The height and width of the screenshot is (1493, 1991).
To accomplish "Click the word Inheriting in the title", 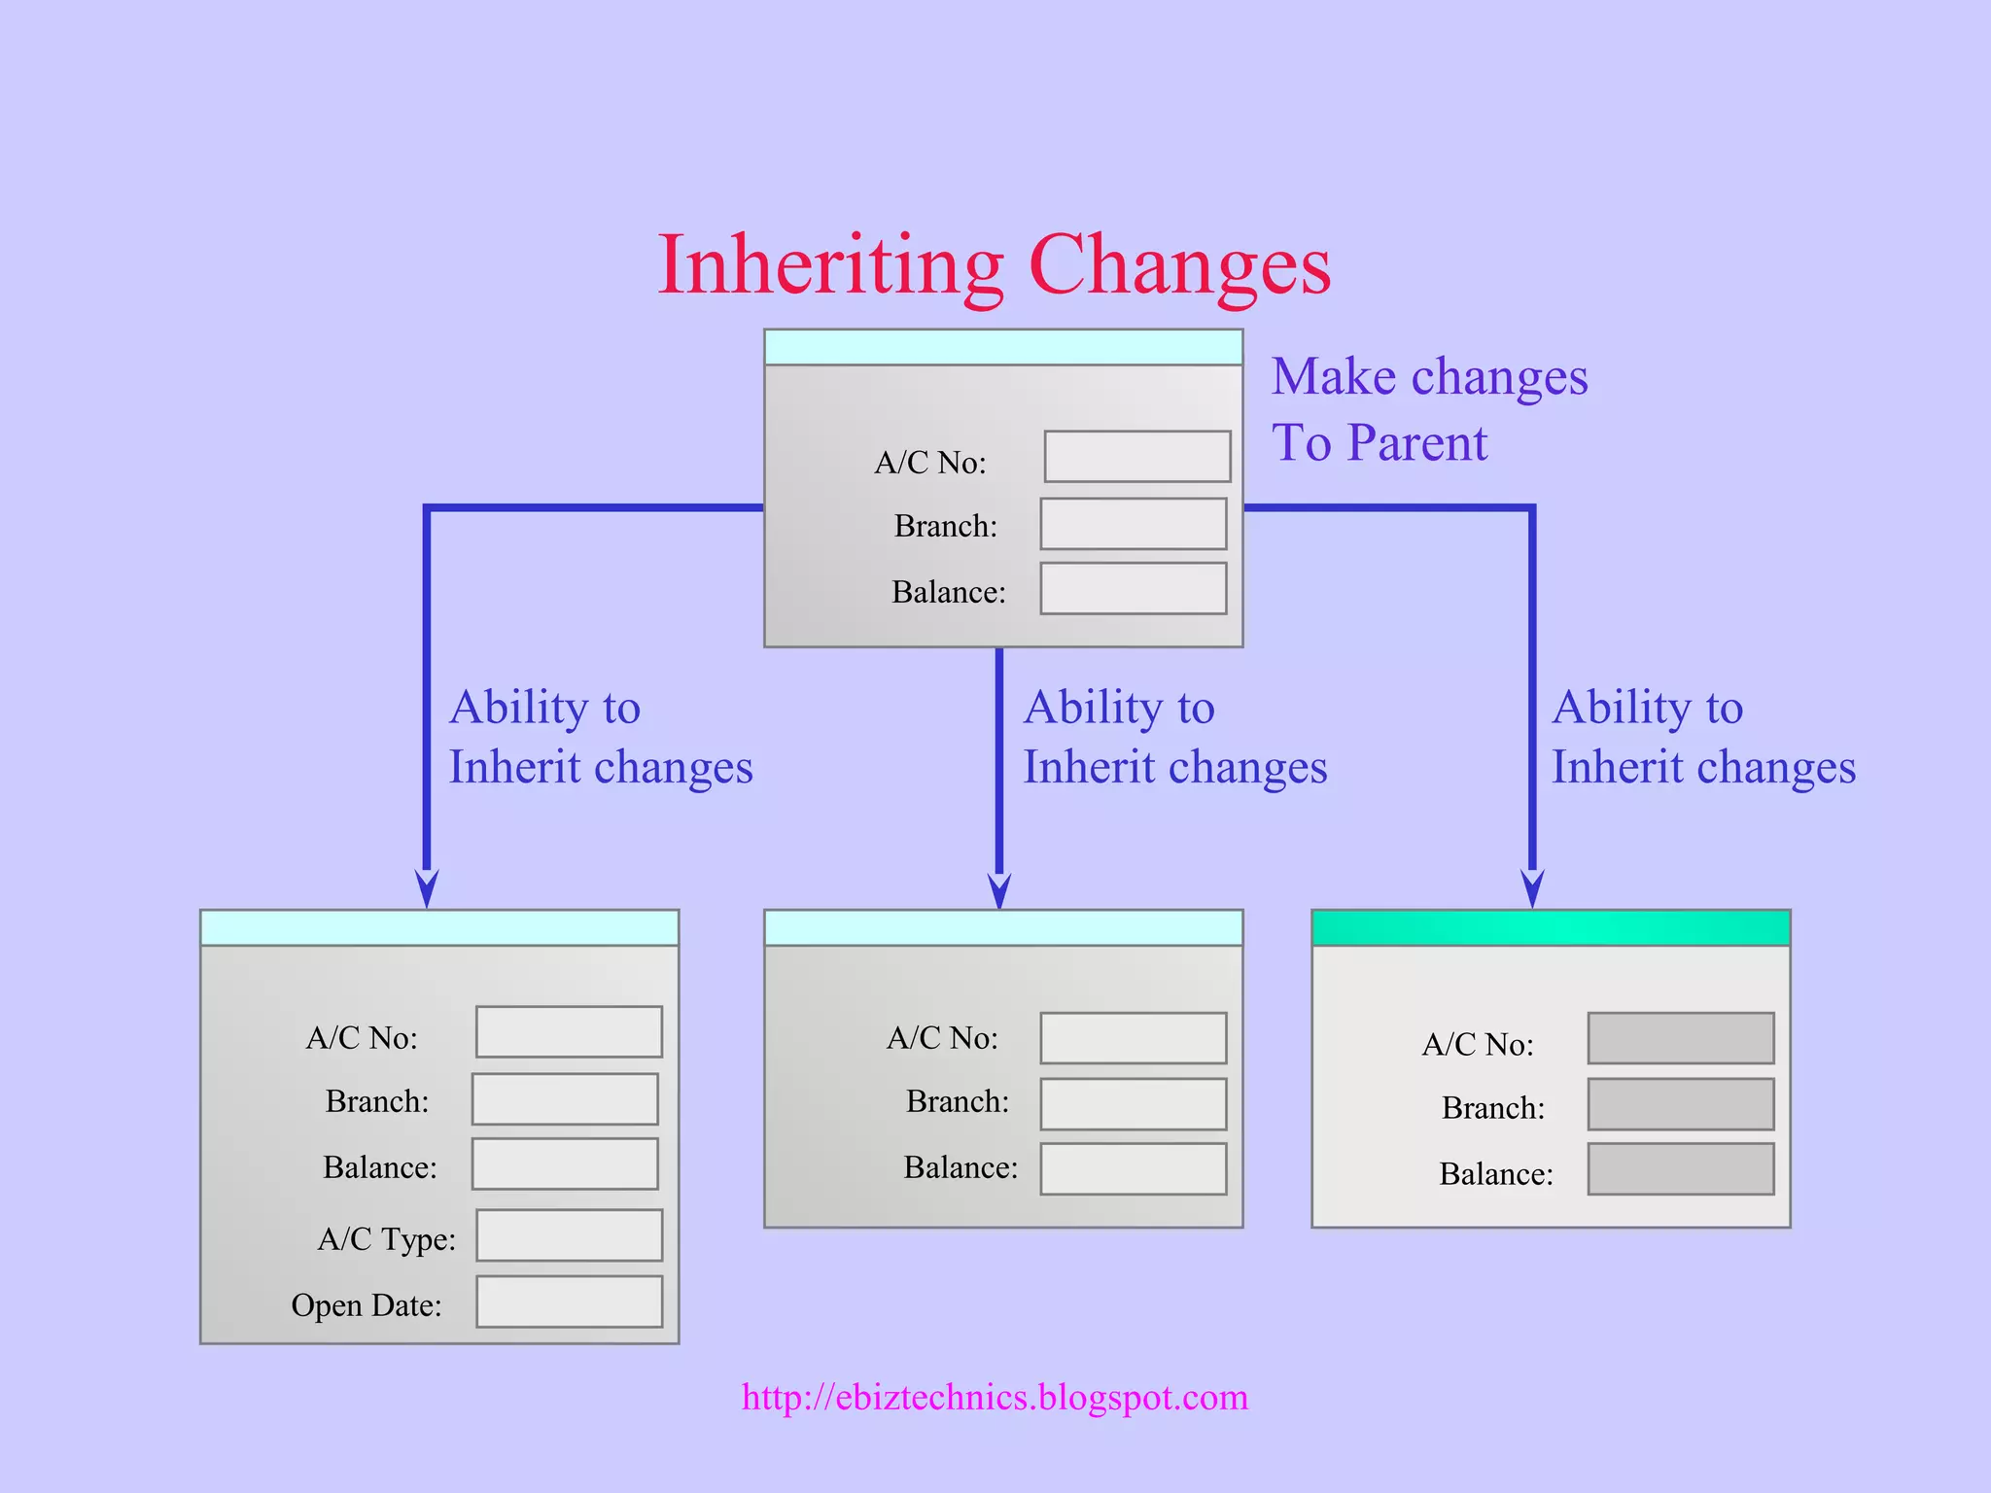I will coord(829,264).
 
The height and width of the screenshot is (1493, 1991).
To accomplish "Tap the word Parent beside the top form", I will coord(1416,443).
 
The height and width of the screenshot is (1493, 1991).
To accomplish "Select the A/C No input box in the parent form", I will coord(1136,457).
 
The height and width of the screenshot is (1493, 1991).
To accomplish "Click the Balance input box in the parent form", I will coord(1133,588).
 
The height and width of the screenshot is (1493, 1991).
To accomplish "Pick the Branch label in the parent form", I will coord(945,526).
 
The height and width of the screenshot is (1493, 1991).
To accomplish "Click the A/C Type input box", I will coord(569,1235).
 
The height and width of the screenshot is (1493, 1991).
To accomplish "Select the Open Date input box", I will coord(569,1302).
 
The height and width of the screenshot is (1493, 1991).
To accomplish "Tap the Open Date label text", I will coord(367,1304).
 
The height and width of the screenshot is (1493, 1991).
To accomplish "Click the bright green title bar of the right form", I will coord(1551,928).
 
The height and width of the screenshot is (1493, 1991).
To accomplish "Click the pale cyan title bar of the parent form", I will coord(1002,347).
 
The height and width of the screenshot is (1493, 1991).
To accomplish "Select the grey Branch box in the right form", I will coord(1680,1104).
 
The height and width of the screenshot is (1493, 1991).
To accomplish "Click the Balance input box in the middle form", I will coord(1133,1168).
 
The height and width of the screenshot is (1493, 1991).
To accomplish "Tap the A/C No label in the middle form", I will coord(942,1038).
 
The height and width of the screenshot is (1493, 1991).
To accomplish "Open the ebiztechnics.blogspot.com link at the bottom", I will coord(995,1397).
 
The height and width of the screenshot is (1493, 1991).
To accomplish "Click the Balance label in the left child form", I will coord(379,1166).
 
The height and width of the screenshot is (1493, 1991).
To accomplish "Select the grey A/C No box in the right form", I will coord(1680,1038).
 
